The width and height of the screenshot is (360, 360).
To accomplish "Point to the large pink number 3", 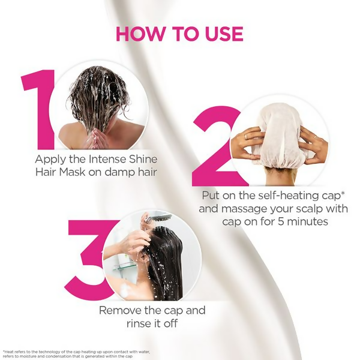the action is pos(89,260).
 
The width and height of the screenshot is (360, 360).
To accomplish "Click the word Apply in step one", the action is pos(50,160).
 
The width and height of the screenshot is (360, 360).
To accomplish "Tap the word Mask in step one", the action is pos(72,172).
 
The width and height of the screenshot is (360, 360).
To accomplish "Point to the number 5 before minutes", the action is pos(281,222).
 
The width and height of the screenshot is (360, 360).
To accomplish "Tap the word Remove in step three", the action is pos(120,310).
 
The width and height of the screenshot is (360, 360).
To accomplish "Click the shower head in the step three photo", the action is pos(158,217).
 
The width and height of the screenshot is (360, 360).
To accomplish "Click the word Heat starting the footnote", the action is pos(10,352).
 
